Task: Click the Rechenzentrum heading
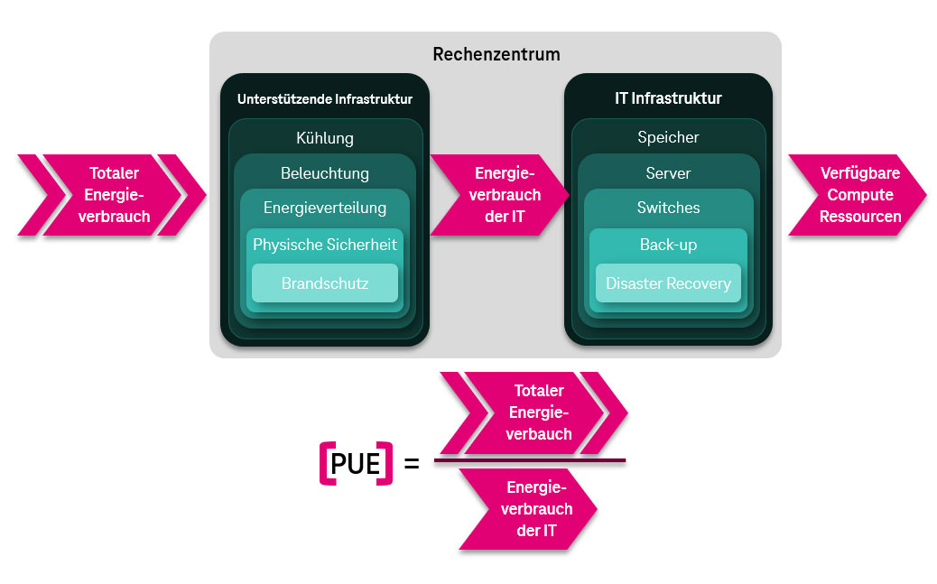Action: tap(496, 54)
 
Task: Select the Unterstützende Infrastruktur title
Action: tap(324, 99)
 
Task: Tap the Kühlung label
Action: tap(324, 138)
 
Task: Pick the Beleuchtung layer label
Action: tap(324, 173)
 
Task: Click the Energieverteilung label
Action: tap(324, 208)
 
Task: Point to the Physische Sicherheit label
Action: tap(324, 245)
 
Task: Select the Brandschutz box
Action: tap(324, 283)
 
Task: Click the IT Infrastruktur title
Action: tap(668, 98)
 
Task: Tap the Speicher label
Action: tap(668, 137)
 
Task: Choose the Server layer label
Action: tap(668, 172)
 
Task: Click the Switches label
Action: tap(668, 208)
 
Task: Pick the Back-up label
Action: tap(668, 245)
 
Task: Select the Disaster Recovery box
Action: tap(668, 283)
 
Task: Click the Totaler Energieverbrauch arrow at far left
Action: tap(113, 195)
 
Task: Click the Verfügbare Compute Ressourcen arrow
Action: tap(858, 195)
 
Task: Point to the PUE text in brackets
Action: tap(357, 464)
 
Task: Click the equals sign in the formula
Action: tap(412, 465)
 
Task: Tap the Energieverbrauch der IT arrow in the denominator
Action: tap(533, 509)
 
